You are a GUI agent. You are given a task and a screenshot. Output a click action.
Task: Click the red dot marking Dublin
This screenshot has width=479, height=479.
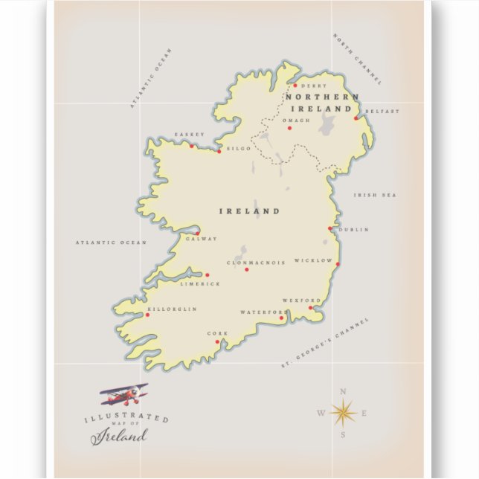(x=330, y=229)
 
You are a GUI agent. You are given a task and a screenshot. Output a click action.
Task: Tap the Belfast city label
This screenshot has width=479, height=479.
(x=382, y=112)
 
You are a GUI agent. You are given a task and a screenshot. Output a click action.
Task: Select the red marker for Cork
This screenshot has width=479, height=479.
(x=217, y=342)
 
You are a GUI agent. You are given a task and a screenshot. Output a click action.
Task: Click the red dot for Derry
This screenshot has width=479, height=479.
(x=295, y=86)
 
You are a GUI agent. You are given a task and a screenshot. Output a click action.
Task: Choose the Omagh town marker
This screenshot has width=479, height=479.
(x=289, y=128)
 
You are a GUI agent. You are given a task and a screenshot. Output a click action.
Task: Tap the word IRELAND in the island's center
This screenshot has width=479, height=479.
(x=249, y=211)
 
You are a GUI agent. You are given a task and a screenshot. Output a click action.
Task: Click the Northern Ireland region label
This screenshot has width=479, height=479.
(x=321, y=103)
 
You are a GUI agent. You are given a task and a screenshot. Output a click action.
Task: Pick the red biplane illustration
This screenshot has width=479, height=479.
(x=124, y=393)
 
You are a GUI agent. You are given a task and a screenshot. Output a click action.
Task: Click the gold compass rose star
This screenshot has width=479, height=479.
(x=342, y=412)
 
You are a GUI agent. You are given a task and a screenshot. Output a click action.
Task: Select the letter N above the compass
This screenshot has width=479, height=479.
(x=343, y=392)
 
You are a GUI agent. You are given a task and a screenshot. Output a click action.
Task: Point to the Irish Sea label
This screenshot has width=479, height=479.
(x=375, y=195)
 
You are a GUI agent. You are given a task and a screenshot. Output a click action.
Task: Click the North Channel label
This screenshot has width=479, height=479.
(x=357, y=59)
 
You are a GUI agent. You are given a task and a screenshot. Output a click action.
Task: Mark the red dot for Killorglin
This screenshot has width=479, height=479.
(x=147, y=315)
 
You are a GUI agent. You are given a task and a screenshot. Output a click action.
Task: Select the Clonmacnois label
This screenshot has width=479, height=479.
(x=256, y=263)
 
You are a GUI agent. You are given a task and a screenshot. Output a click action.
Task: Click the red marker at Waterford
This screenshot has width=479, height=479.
(x=281, y=318)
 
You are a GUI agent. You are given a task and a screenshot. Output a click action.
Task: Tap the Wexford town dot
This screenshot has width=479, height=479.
(x=311, y=307)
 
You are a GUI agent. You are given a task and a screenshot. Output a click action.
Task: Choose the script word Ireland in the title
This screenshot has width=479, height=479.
(x=119, y=436)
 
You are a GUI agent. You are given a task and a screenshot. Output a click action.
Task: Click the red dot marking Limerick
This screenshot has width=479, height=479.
(x=208, y=275)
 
